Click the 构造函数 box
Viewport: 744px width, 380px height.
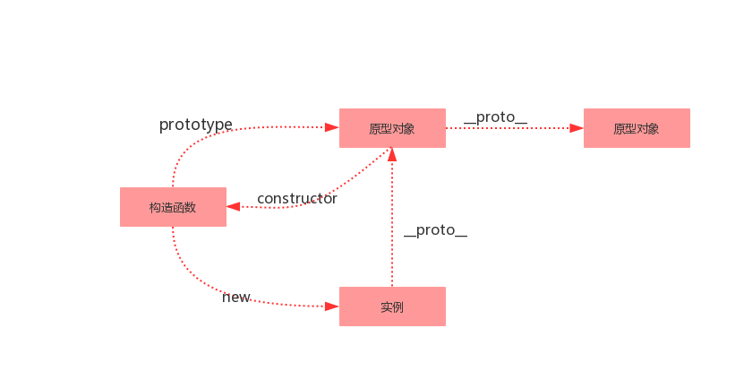(173, 207)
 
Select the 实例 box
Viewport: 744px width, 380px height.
(392, 307)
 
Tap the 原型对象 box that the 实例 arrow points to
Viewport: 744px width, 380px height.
(392, 128)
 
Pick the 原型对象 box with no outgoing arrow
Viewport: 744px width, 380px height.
(637, 128)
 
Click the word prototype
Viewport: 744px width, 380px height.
(196, 125)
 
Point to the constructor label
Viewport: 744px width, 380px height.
(297, 199)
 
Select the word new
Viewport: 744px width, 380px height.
(235, 297)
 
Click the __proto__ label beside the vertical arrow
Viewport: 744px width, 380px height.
(436, 230)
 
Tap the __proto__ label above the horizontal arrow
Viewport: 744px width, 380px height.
(495, 117)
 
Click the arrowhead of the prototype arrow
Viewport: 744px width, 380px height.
(332, 127)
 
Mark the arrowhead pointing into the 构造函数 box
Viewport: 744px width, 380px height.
(233, 206)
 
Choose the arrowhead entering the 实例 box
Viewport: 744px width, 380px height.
(332, 307)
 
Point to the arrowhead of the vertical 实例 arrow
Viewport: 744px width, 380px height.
(392, 154)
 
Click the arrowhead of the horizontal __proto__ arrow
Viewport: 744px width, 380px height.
(577, 128)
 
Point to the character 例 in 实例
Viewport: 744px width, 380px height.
(398, 307)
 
